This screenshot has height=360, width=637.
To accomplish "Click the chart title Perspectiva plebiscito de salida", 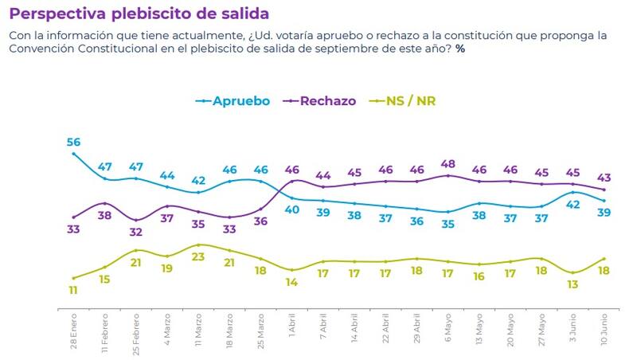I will [x=139, y=14].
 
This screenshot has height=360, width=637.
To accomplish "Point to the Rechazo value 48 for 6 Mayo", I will [x=447, y=164].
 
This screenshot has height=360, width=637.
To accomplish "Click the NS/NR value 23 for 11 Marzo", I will [x=198, y=257].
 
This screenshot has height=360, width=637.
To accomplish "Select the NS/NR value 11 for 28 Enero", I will [x=73, y=292].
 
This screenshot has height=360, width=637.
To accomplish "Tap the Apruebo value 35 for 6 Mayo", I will [x=447, y=224].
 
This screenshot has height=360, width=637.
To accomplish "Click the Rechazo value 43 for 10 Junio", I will [x=604, y=178].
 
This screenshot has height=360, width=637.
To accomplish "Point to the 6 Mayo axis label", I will [x=448, y=328].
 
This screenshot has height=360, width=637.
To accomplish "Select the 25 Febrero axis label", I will [x=136, y=332].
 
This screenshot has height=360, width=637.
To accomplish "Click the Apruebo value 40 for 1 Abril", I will [x=292, y=209].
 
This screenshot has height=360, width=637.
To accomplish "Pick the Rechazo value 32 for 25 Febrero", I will [x=136, y=233].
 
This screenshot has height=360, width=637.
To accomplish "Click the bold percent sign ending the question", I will [x=460, y=49].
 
